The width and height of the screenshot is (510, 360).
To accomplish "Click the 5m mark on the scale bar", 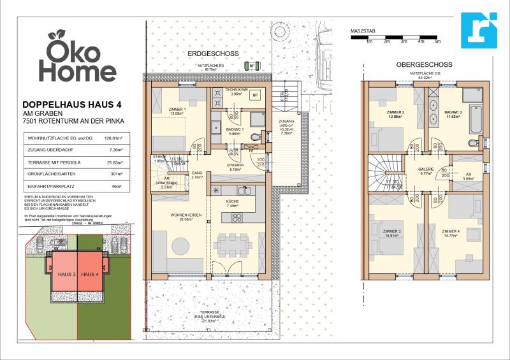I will (437, 41).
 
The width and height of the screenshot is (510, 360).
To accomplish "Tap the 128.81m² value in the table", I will (113, 138).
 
